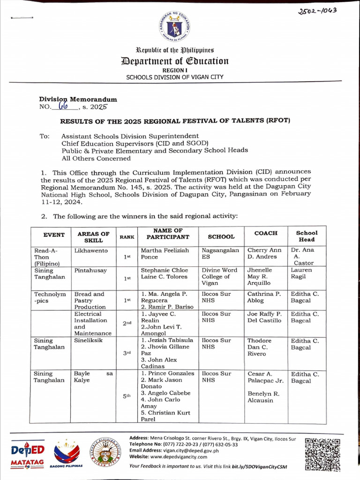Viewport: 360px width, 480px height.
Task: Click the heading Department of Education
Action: click(174, 61)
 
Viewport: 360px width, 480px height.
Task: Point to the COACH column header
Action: click(266, 233)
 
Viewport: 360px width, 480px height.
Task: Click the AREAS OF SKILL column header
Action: click(93, 236)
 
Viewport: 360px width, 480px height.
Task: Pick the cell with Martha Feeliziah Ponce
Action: click(165, 254)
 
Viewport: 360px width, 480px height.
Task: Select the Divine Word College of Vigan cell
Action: click(220, 277)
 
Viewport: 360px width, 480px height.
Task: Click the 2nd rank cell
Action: click(127, 323)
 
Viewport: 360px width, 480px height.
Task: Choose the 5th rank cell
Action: click(127, 396)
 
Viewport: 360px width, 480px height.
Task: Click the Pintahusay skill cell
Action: click(90, 270)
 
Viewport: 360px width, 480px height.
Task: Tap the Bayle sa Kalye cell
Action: click(93, 377)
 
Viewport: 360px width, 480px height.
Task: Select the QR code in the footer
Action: click(322, 454)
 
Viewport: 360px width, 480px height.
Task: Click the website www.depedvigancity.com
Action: click(168, 457)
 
